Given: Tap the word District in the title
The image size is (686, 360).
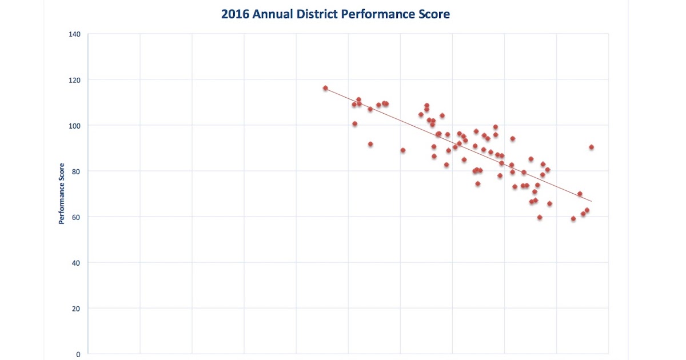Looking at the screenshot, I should tap(317, 14).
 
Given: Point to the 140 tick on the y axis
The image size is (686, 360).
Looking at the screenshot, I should tap(75, 34).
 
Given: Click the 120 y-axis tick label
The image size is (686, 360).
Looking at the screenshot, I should tap(75, 80).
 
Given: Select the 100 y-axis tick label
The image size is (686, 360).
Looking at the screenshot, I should tap(75, 126).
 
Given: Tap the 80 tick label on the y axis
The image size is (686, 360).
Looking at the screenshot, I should tap(77, 171).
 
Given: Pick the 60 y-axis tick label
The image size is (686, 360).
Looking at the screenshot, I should tap(77, 217).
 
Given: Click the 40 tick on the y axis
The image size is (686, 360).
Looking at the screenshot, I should tap(77, 263).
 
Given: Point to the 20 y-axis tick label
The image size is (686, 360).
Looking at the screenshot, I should tap(77, 309).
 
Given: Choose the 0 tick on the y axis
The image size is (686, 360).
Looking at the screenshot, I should tap(78, 354).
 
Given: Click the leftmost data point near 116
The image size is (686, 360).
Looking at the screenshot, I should tap(325, 88).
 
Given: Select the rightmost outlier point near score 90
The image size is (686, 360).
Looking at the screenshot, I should tap(591, 147).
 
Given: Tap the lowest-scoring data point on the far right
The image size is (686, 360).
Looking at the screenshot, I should tap(573, 219).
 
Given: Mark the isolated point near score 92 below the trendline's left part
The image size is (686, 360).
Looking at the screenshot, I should tap(370, 144).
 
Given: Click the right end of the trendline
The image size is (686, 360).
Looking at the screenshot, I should tap(591, 201).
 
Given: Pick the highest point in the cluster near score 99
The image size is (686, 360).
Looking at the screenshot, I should tap(496, 127).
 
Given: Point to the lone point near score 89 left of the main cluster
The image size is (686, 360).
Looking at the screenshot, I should tap(403, 150).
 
